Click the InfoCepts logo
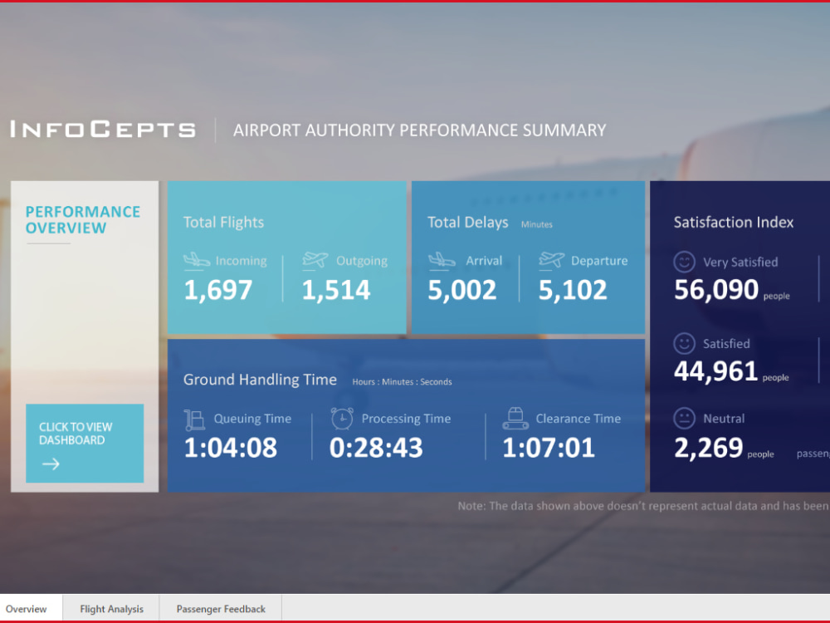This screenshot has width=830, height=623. [x=103, y=130]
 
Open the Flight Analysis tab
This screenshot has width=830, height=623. [x=111, y=609]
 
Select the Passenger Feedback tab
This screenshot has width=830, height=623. [x=221, y=609]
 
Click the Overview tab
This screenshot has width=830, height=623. [x=27, y=609]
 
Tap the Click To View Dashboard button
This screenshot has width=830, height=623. [x=85, y=443]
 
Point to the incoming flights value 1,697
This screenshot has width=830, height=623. [x=217, y=290]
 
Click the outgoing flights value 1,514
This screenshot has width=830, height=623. [x=335, y=290]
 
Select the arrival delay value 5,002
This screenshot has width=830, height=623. [x=461, y=290]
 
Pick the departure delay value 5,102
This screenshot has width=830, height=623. [x=572, y=290]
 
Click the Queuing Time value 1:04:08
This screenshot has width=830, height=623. [x=230, y=448]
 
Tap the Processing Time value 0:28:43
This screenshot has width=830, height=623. [x=376, y=448]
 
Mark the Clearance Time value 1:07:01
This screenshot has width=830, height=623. [x=549, y=448]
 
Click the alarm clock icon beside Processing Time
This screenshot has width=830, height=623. [x=342, y=418]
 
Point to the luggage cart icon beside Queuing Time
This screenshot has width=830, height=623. [x=194, y=419]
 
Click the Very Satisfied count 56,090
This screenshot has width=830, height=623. [x=716, y=290]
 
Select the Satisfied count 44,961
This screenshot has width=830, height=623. [x=715, y=371]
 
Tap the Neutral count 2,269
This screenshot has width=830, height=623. [x=708, y=449]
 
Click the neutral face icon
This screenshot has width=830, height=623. [x=684, y=418]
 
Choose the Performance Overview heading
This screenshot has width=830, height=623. [x=82, y=220]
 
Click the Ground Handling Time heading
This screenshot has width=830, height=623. [x=260, y=380]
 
